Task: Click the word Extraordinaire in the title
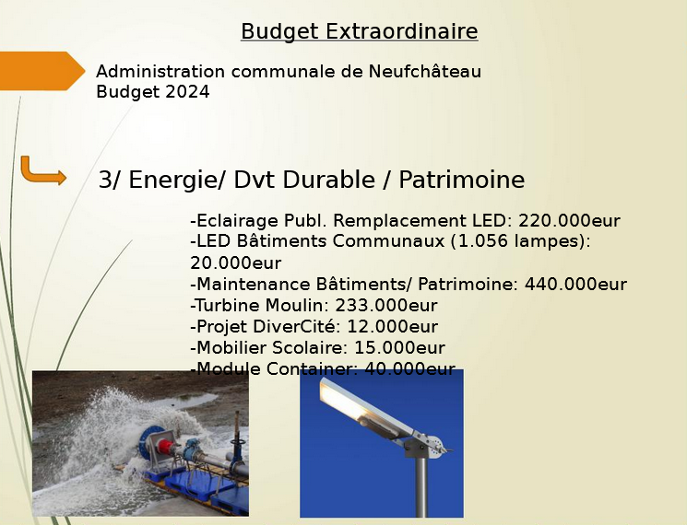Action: pos(401,31)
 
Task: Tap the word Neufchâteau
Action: pos(425,71)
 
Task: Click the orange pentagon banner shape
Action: pos(42,71)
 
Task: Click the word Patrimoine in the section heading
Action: pos(461,180)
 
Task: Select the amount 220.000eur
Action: pos(569,220)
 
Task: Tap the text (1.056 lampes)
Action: pos(517,241)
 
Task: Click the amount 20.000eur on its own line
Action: pos(236,262)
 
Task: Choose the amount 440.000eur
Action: pos(575,285)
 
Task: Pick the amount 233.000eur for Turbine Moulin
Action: pos(386,306)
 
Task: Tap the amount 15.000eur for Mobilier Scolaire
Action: pos(399,348)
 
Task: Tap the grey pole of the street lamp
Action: pos(420,486)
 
